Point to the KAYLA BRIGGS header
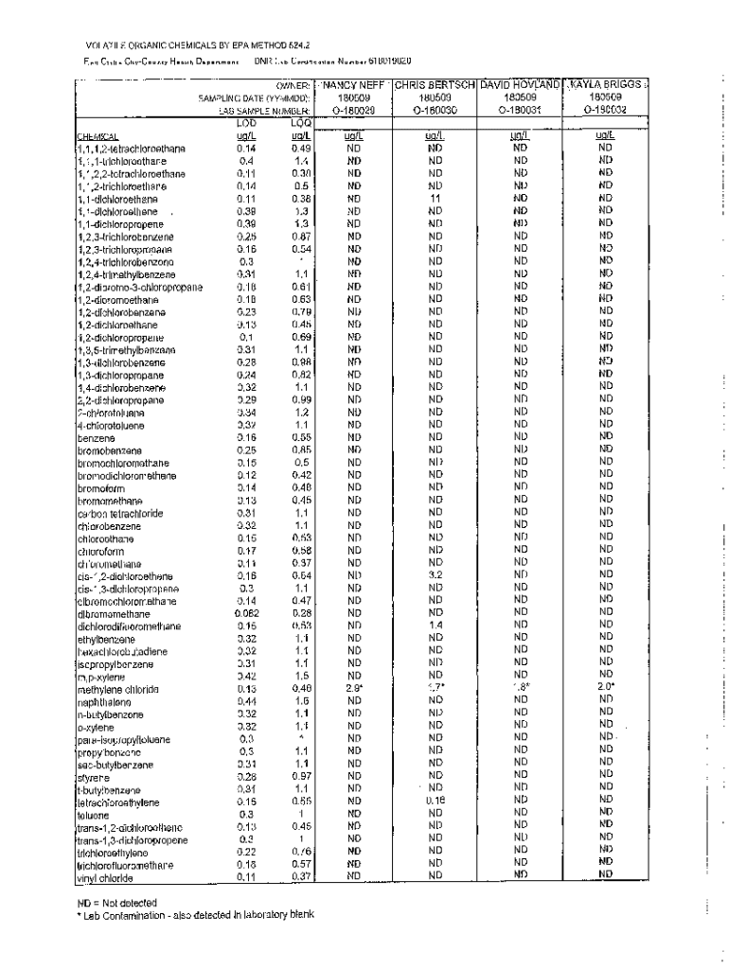point(606,85)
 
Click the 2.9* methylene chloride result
point(351,688)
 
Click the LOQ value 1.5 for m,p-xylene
point(302,676)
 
